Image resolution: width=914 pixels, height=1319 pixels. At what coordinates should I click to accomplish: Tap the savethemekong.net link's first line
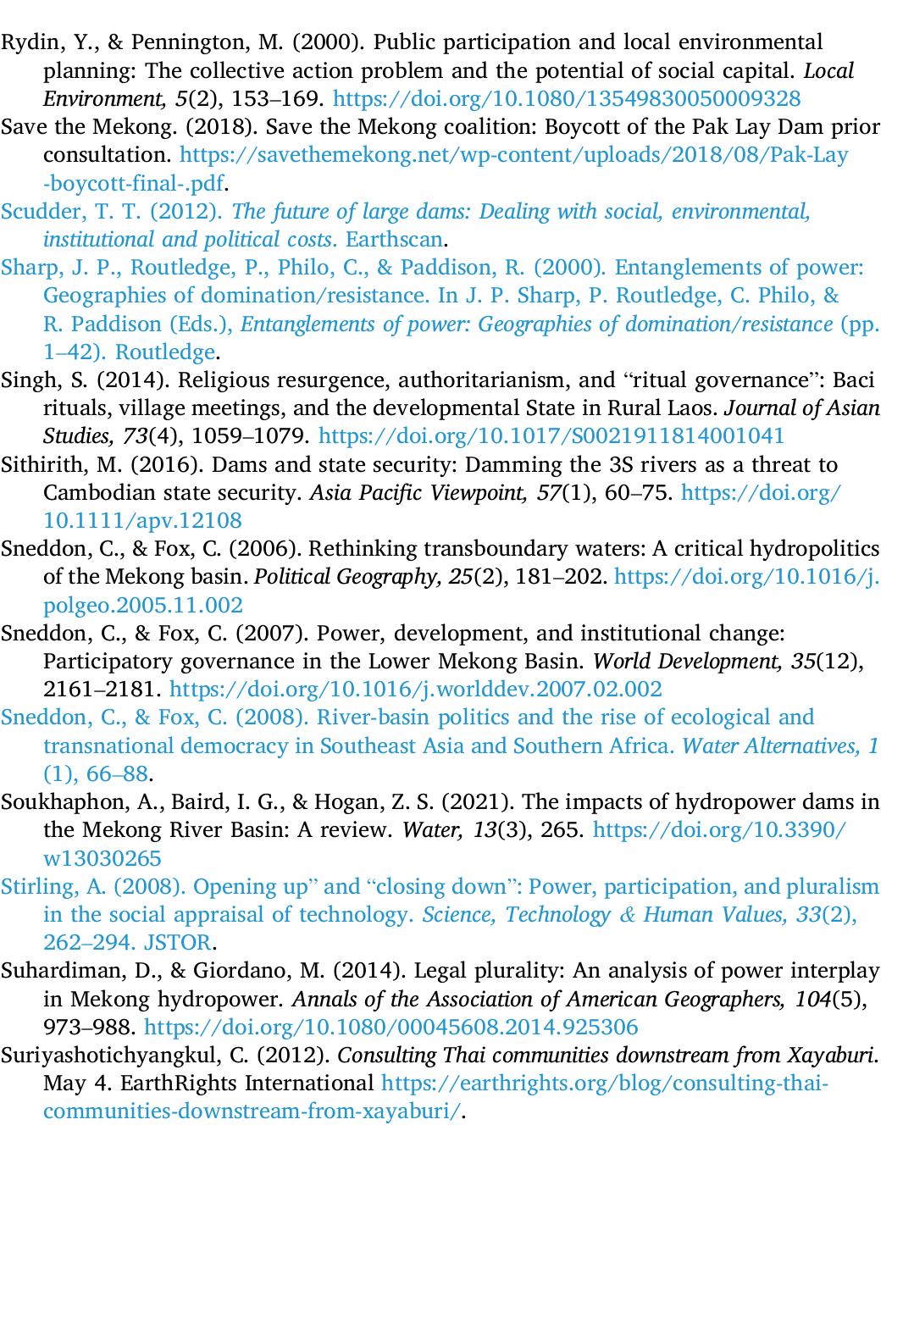(x=513, y=155)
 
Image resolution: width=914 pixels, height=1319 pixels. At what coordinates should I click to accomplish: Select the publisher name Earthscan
(x=394, y=240)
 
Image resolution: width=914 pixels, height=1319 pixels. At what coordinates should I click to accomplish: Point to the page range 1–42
(x=75, y=352)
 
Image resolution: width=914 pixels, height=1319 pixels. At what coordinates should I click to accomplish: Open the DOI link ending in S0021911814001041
(x=551, y=436)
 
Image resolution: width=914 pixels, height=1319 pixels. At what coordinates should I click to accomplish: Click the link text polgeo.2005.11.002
(x=142, y=606)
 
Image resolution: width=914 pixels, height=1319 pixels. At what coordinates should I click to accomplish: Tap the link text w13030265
(x=102, y=859)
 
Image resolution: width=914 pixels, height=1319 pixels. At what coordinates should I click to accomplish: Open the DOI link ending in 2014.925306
(x=391, y=1028)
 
